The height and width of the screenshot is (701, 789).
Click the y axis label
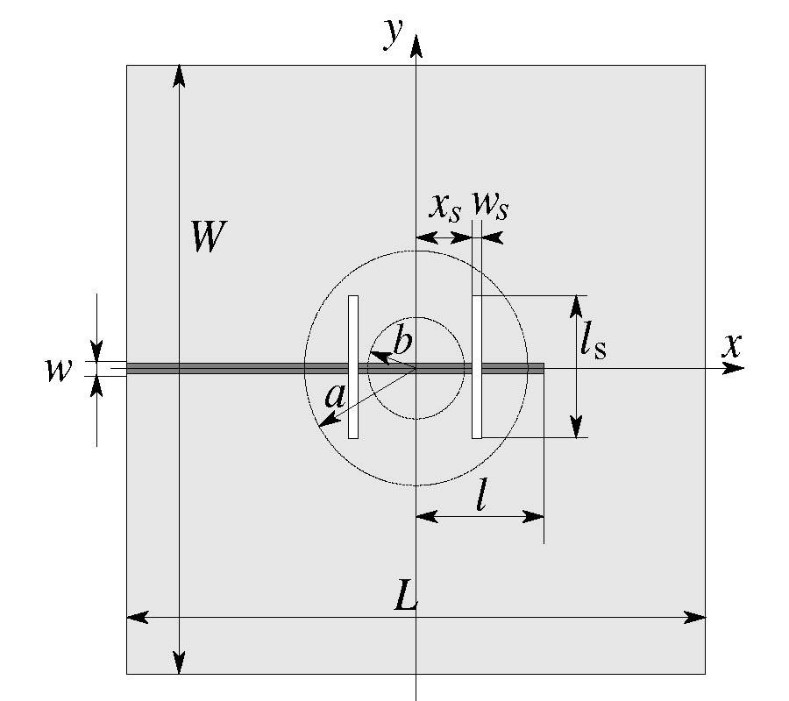click(394, 33)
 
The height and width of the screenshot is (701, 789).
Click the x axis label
click(732, 345)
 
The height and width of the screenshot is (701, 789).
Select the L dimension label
click(406, 595)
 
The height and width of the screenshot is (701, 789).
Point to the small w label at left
click(59, 370)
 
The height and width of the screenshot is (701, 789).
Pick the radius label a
click(335, 396)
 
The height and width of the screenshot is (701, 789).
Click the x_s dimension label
click(444, 207)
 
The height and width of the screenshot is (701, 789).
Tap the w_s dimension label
click(490, 205)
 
